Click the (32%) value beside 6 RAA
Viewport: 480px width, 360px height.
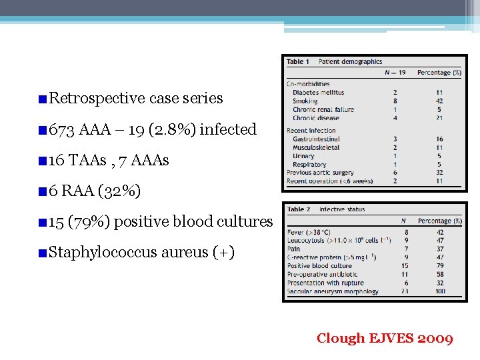pyautogui.click(x=119, y=191)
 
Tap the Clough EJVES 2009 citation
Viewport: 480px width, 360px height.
pyautogui.click(x=385, y=339)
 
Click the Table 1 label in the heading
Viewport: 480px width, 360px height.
pyautogui.click(x=298, y=62)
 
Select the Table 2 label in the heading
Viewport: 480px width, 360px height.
pyautogui.click(x=299, y=209)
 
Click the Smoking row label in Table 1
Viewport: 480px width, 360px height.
pyautogui.click(x=305, y=101)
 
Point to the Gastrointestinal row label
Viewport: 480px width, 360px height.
pyautogui.click(x=316, y=139)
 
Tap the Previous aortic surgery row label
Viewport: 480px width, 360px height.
pyautogui.click(x=320, y=173)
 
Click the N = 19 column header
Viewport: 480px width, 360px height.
pyautogui.click(x=395, y=72)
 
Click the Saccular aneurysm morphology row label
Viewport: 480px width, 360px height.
pyautogui.click(x=333, y=291)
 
